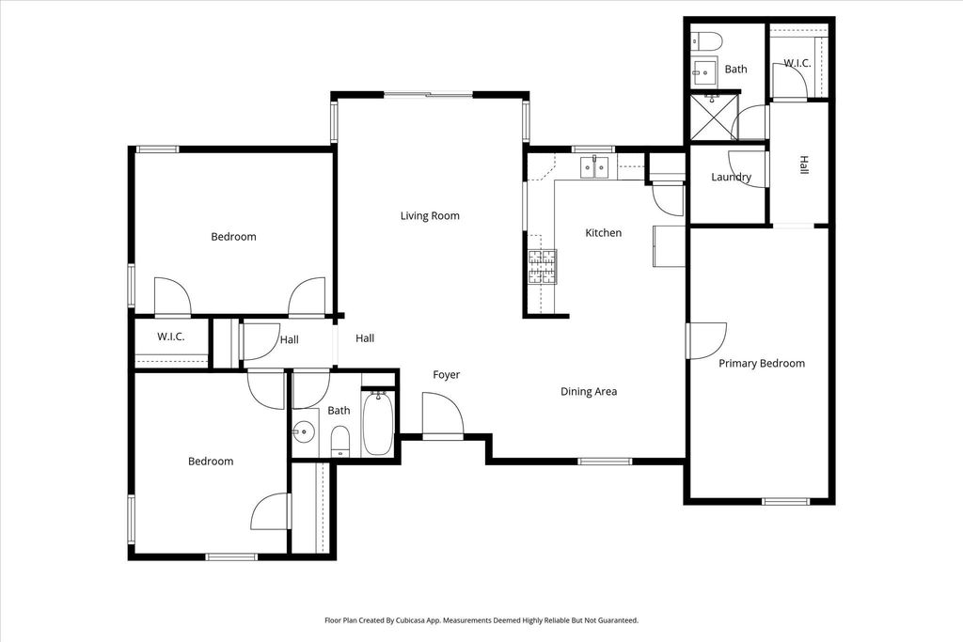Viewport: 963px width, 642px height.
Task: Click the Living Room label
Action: (x=430, y=215)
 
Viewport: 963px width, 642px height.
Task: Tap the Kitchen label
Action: (x=603, y=232)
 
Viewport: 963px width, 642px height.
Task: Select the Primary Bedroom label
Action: (x=762, y=364)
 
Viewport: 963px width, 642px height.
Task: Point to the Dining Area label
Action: (x=589, y=392)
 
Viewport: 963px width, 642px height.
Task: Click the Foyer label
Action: (x=446, y=374)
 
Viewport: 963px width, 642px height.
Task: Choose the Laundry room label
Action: (x=731, y=177)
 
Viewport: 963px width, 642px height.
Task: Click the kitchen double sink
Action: (x=594, y=167)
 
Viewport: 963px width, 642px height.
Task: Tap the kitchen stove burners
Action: (x=543, y=268)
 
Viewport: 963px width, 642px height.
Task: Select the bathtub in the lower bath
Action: (x=377, y=423)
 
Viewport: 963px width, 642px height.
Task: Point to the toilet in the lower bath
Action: (x=340, y=442)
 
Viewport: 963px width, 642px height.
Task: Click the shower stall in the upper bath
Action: (x=711, y=117)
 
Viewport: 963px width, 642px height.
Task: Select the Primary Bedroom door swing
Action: (x=707, y=340)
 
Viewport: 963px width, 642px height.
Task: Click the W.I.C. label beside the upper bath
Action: (x=797, y=63)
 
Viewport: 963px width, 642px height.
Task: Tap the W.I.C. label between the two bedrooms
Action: (x=171, y=337)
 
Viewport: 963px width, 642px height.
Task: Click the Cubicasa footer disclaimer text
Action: (x=481, y=620)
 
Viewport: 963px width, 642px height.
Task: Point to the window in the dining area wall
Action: (x=605, y=461)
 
